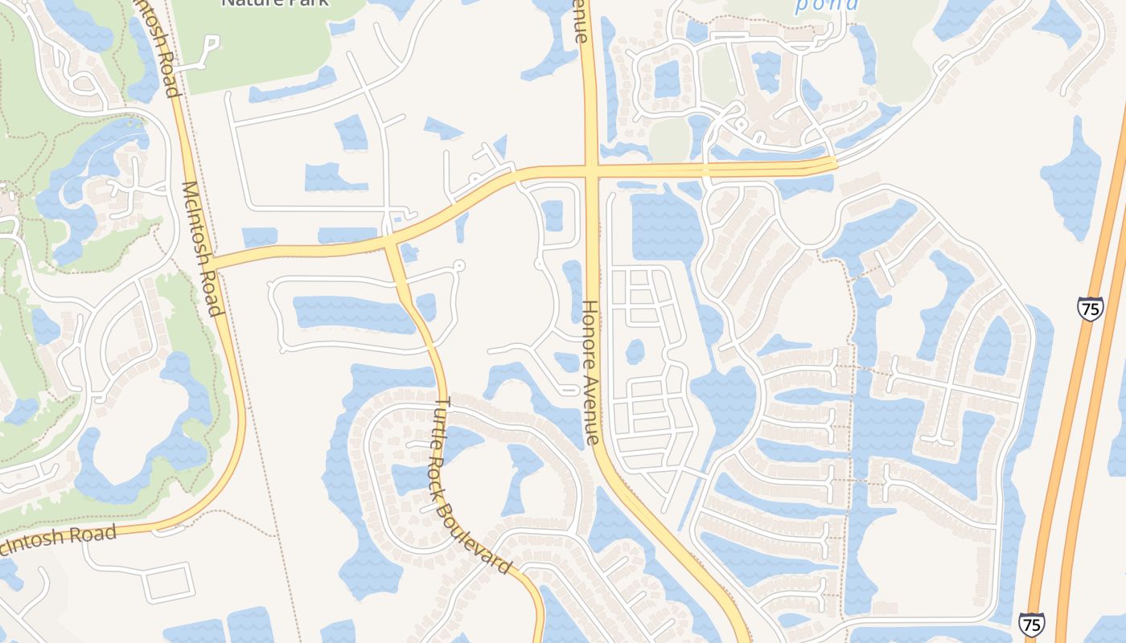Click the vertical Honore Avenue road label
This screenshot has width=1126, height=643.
point(591,372)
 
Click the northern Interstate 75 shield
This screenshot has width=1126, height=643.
point(1090,309)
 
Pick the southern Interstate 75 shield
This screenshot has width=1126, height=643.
point(1032,625)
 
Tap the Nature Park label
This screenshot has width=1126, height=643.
point(274,3)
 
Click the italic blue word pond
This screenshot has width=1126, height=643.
point(826,5)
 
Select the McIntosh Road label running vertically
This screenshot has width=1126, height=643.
point(202,248)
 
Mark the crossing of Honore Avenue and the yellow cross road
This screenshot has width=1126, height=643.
point(592,170)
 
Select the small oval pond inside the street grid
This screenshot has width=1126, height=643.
point(635,351)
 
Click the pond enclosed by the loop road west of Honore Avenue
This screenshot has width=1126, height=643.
point(553,215)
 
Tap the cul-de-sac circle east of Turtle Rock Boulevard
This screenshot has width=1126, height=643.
point(459,264)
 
